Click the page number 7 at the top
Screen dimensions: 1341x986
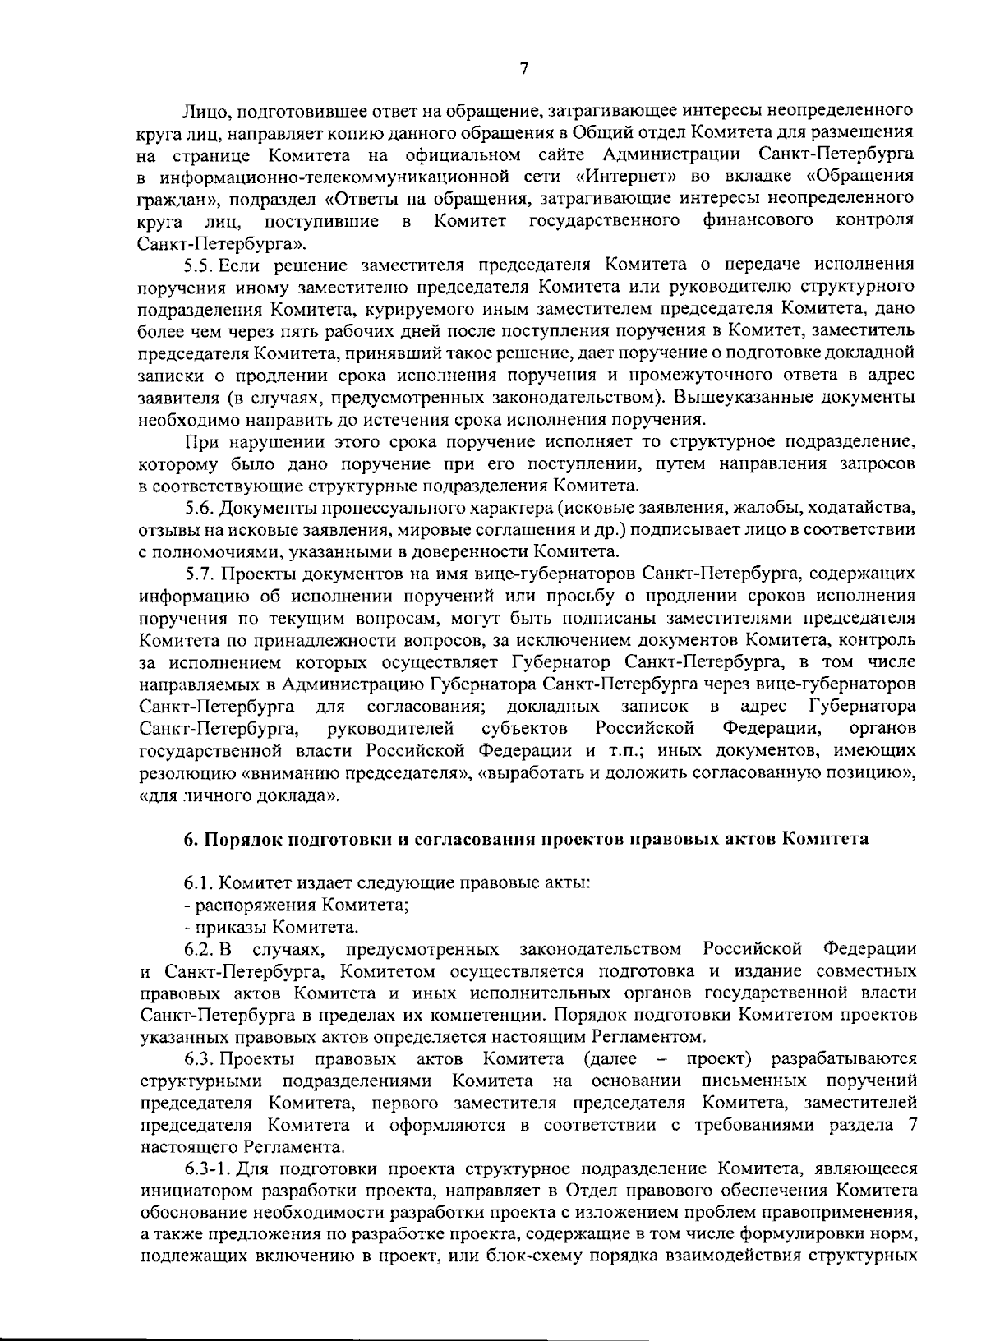tap(523, 70)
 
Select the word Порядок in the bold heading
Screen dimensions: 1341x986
tap(239, 840)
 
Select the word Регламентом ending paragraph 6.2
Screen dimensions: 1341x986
tap(654, 1037)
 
